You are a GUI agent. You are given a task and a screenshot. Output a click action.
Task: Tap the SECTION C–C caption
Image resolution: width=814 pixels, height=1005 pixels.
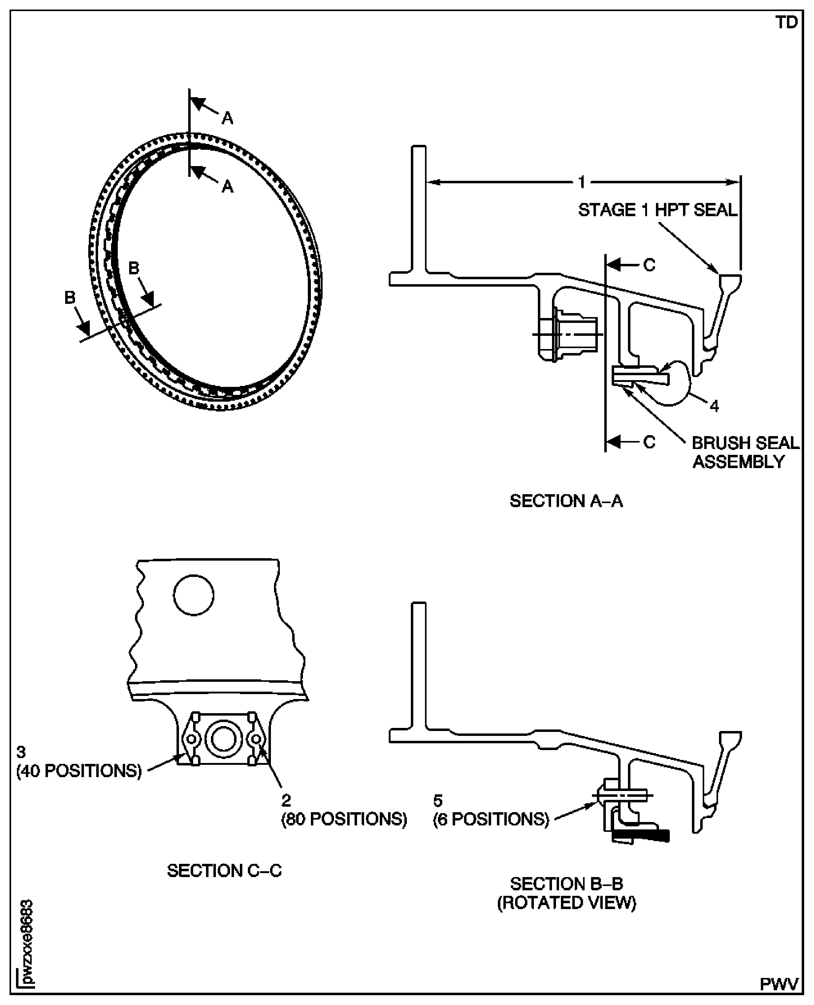point(224,870)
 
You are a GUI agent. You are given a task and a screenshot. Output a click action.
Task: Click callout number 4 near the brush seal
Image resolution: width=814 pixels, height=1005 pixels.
point(714,406)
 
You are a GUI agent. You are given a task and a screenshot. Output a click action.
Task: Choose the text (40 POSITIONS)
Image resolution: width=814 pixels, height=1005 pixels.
point(79,771)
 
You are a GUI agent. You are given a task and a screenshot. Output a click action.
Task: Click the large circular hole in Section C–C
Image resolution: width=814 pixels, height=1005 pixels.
point(194,595)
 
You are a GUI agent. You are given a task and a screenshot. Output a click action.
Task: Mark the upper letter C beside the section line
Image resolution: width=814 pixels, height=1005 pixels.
point(649,265)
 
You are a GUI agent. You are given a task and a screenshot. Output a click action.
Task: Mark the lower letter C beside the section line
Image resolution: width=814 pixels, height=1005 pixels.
point(649,442)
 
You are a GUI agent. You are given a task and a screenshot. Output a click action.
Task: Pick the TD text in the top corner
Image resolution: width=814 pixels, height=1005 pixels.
point(786,22)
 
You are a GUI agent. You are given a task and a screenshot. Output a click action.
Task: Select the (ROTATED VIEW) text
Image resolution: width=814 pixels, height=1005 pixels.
point(566,903)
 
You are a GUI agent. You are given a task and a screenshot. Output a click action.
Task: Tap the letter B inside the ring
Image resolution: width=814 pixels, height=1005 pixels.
point(134,268)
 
